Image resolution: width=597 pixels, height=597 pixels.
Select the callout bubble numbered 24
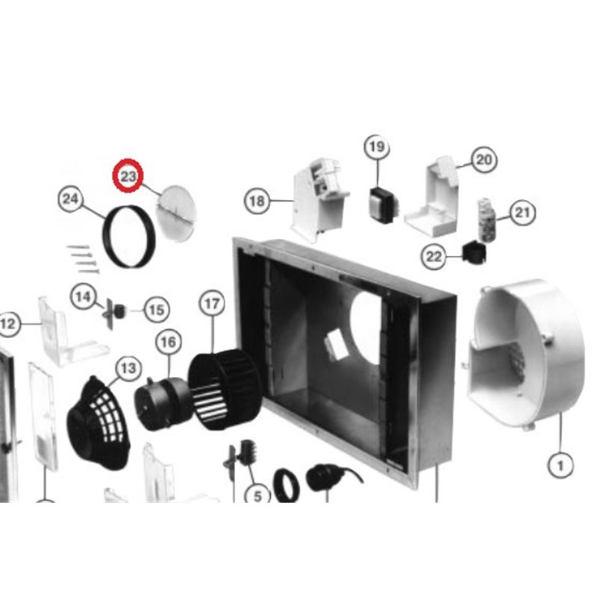pyautogui.click(x=69, y=199)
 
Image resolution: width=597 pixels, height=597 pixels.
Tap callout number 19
pyautogui.click(x=375, y=147)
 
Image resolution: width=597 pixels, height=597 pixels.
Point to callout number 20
pyautogui.click(x=483, y=160)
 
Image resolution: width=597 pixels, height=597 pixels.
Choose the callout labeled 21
pyautogui.click(x=523, y=214)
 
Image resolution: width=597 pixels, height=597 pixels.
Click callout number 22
pyautogui.click(x=433, y=257)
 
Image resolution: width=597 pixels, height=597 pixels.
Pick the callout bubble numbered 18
pyautogui.click(x=257, y=201)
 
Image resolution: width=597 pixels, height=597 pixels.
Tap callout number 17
pyautogui.click(x=212, y=304)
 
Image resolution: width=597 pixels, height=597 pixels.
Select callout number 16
pyautogui.click(x=169, y=343)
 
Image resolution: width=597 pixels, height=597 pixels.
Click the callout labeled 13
pyautogui.click(x=128, y=367)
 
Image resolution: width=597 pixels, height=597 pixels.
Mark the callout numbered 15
pyautogui.click(x=157, y=308)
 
